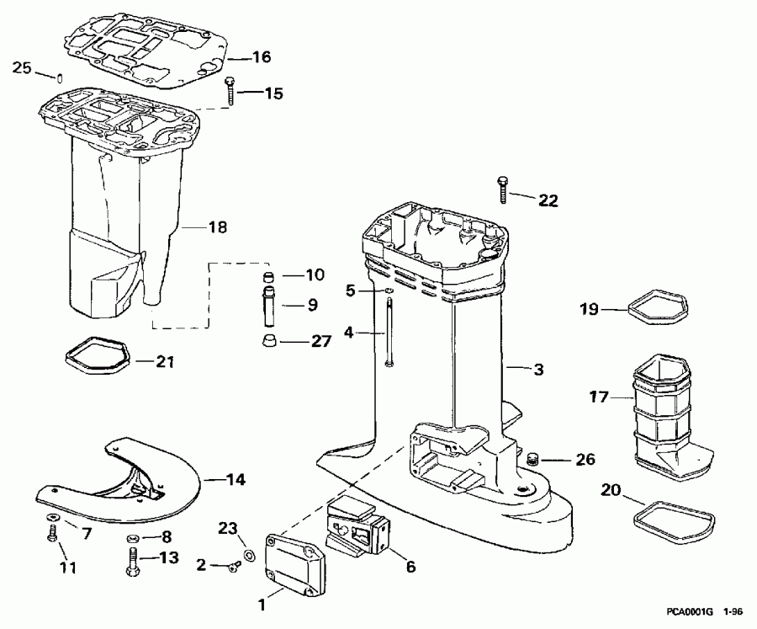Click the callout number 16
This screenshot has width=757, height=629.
pos(262,57)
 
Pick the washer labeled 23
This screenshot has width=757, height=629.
pos(250,557)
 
